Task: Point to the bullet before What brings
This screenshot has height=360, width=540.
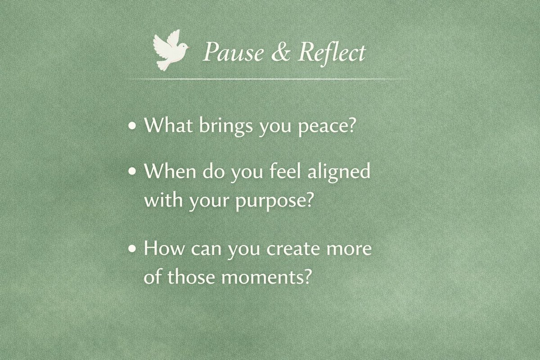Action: pos(132,127)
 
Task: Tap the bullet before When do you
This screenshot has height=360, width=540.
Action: pos(132,172)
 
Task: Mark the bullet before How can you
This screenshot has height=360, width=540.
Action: pos(132,250)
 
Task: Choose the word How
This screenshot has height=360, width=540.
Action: pos(162,249)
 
